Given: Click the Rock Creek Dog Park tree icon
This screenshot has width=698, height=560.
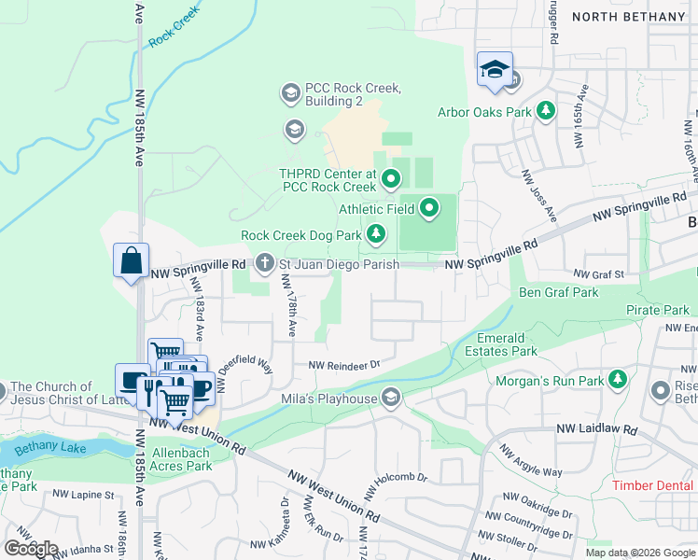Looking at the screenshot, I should pos(375,234).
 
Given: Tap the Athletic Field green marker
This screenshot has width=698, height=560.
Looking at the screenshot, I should pos(429,208).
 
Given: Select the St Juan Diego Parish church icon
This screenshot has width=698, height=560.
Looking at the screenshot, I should pos(265,264).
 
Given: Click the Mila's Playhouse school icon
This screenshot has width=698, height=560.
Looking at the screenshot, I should pos(391,399).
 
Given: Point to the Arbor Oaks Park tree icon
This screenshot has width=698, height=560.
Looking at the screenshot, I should pos(545,112).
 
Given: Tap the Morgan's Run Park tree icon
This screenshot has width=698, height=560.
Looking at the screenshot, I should pos(616,380).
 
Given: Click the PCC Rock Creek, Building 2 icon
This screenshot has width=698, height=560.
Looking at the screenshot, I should pos(290,93).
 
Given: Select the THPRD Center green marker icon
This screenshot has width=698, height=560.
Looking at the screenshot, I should pos(391,176).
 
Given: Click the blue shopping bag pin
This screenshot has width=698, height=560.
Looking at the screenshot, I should pos(132,260).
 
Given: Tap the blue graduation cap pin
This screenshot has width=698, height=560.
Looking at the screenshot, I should pos(495,70).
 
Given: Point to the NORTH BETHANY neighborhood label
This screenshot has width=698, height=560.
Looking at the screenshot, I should pos(628,17).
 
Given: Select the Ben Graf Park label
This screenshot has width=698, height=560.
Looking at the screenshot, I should pos(558,292).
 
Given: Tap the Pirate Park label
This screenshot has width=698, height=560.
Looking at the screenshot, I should pos(658,310).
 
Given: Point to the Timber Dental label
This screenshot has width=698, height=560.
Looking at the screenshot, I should pos(653,485).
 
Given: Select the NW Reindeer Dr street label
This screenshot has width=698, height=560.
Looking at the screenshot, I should pos(345,365).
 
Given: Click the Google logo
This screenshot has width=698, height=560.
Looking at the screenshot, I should pos(31,549).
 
